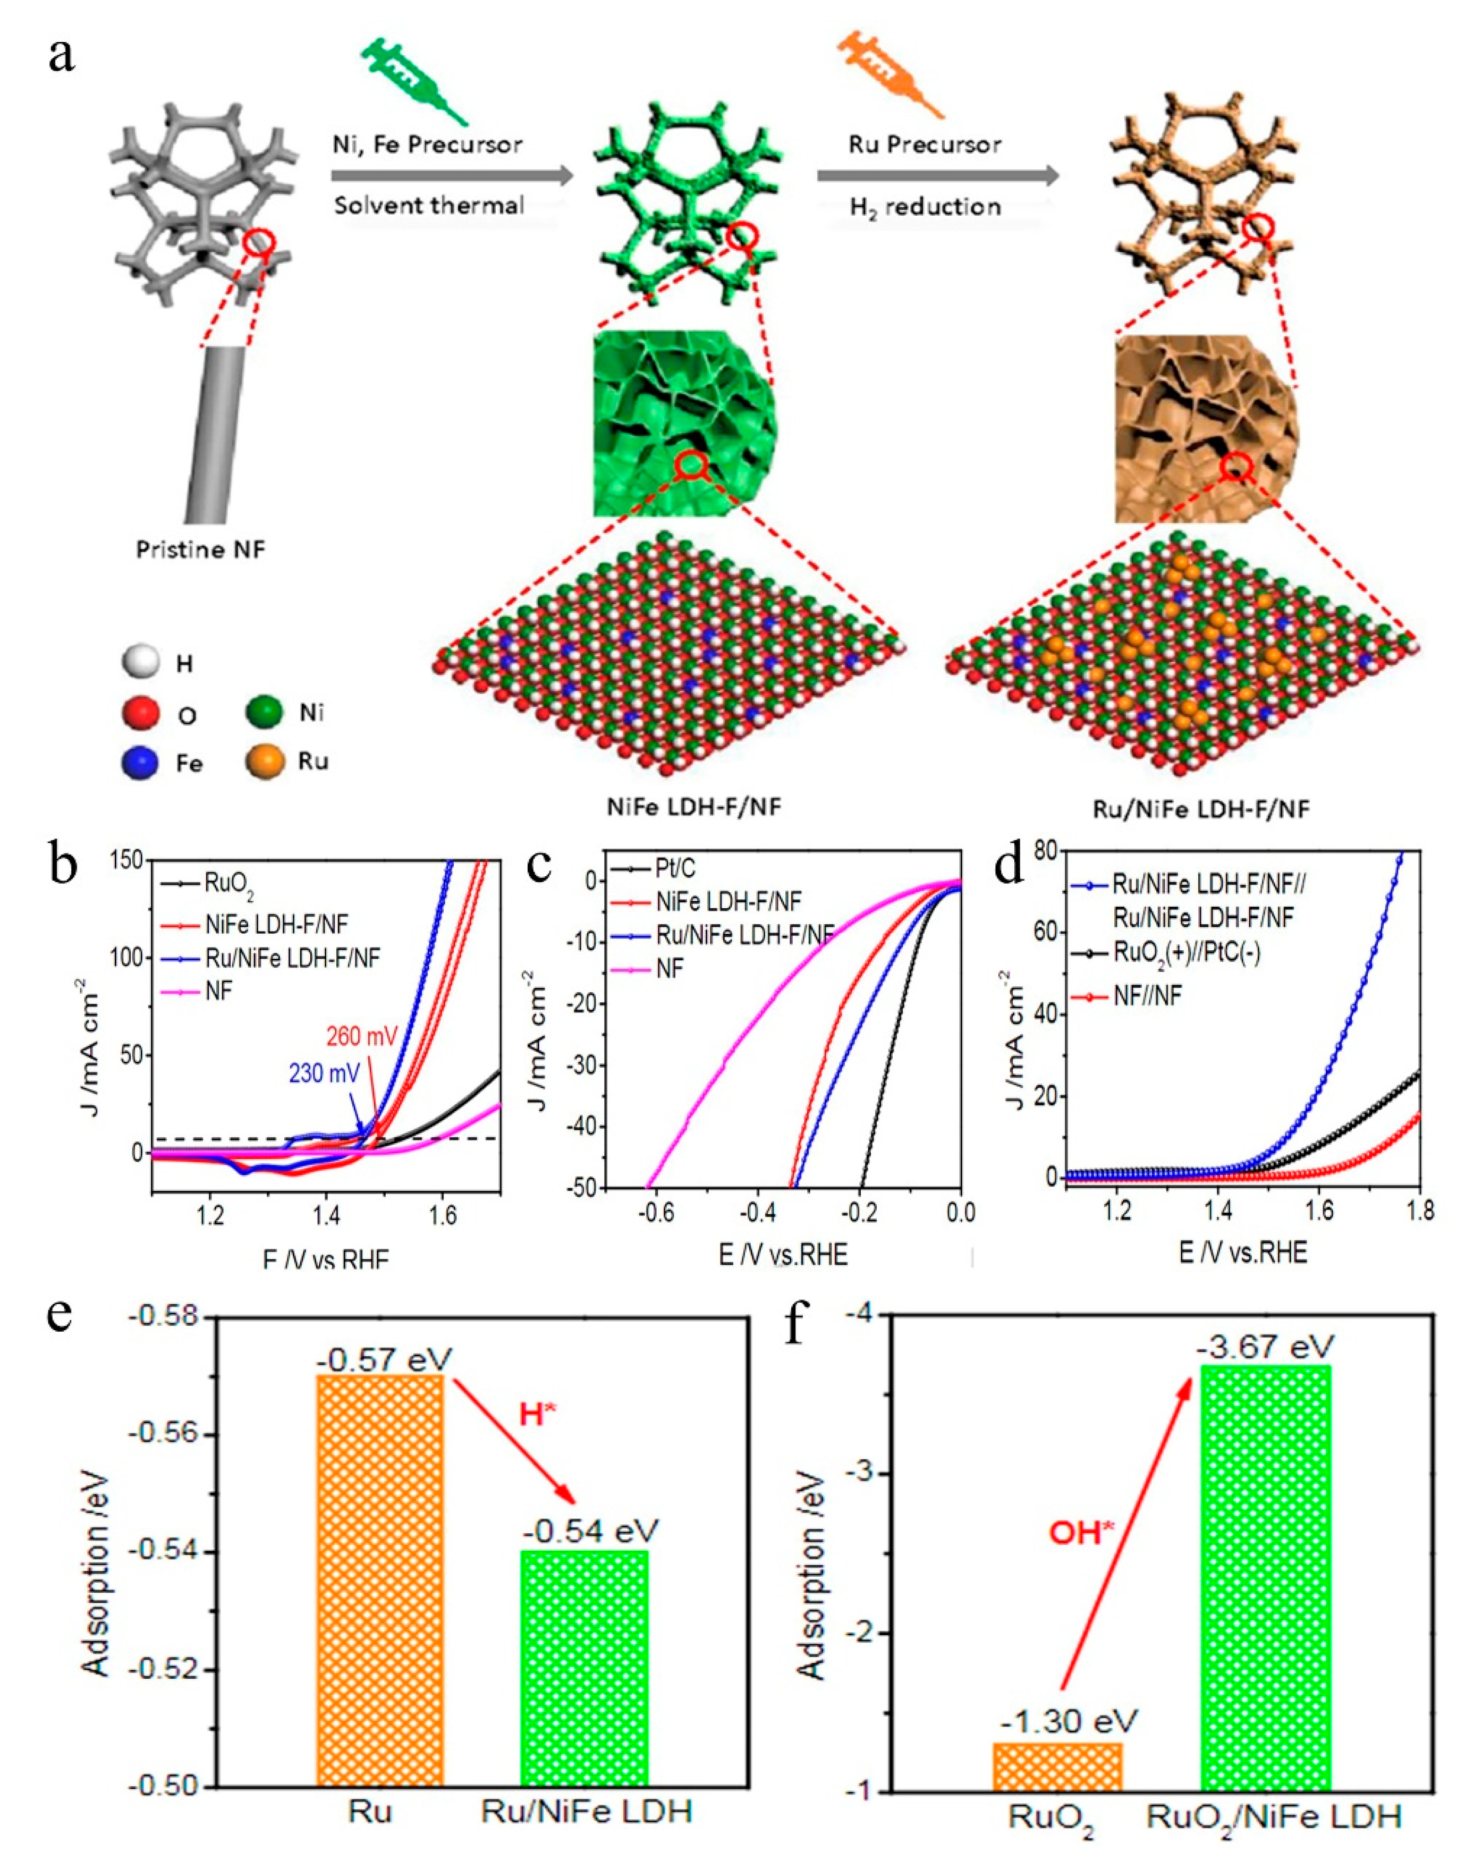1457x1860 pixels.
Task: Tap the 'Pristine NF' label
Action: coord(201,549)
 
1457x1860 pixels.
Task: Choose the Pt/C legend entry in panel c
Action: coord(674,868)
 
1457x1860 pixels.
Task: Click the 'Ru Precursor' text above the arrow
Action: coord(924,144)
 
